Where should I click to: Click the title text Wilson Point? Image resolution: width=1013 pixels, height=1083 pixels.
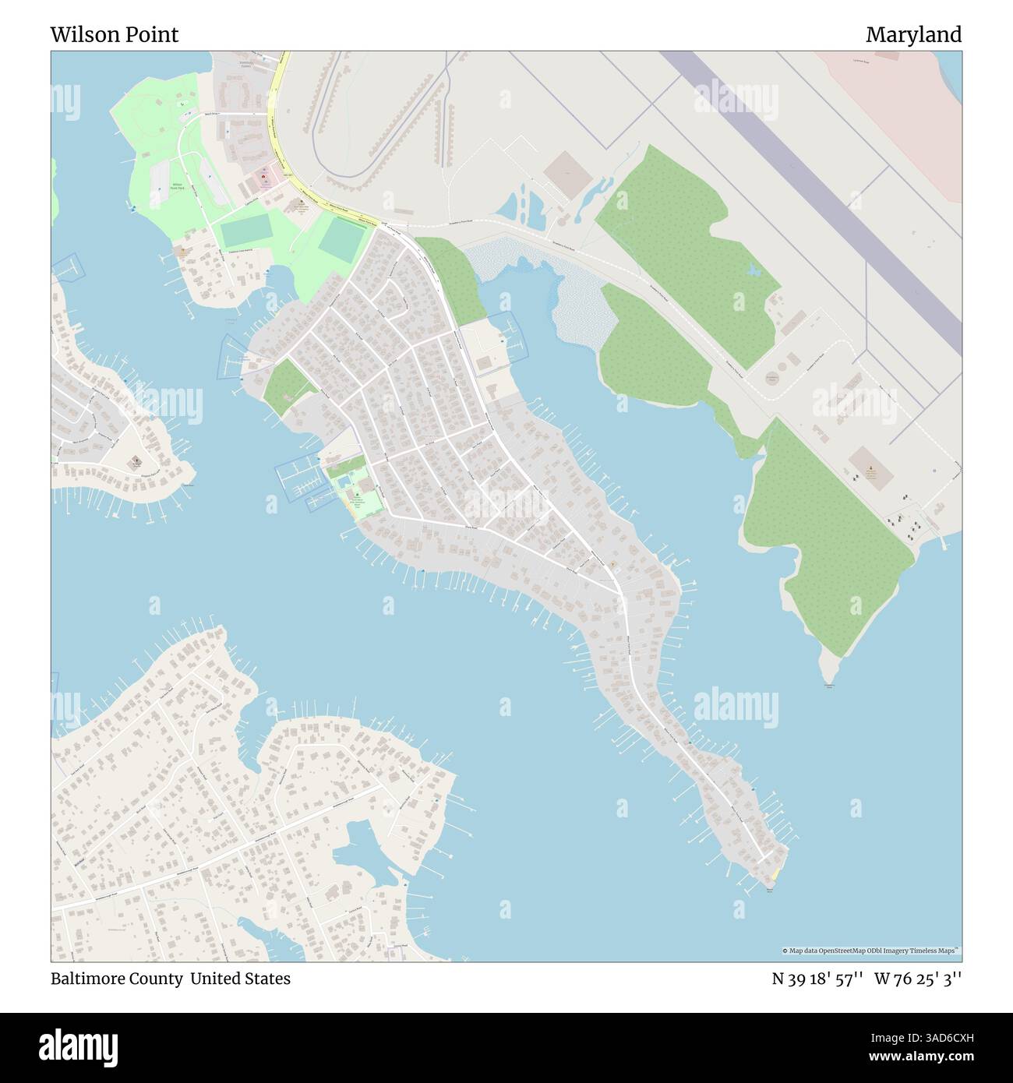click(115, 34)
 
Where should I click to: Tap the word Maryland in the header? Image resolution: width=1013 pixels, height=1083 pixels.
click(913, 34)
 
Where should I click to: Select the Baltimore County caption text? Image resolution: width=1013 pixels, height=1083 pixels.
click(116, 979)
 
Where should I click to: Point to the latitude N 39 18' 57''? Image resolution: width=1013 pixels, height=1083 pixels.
click(816, 979)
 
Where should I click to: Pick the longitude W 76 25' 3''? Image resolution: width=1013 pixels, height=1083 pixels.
click(918, 979)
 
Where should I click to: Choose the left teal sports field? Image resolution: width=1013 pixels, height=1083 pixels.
click(243, 234)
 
